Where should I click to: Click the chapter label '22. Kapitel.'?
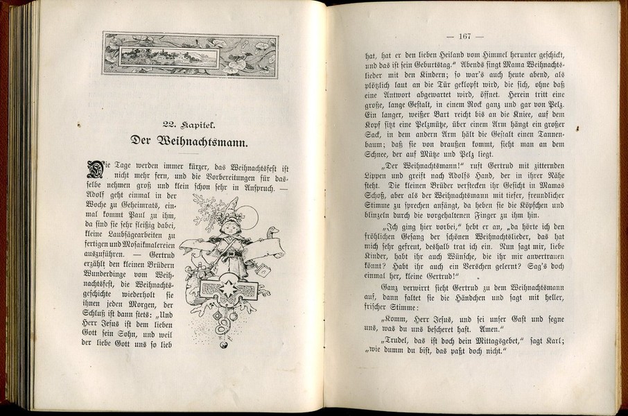click(x=189, y=124)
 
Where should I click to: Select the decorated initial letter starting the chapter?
click(x=94, y=168)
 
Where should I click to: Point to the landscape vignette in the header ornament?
click(x=169, y=55)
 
